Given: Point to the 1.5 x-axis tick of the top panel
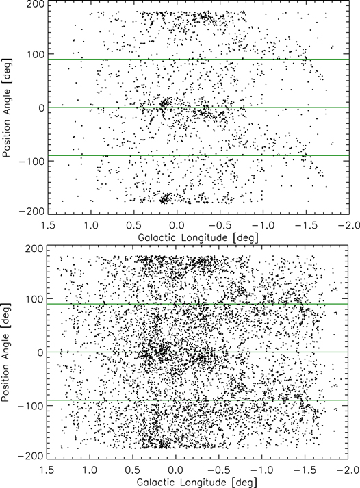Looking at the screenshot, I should click(48, 224).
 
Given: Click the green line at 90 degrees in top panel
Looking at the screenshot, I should click(198, 60).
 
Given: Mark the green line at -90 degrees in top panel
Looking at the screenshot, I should click(198, 155).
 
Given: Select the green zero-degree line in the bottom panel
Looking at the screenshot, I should click(198, 352).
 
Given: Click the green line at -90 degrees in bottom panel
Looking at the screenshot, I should click(198, 400).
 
